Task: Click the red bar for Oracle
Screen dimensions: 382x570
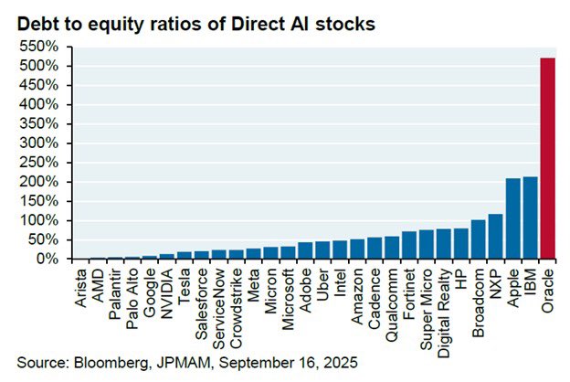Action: click(x=548, y=159)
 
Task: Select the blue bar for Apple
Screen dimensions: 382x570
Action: click(x=513, y=219)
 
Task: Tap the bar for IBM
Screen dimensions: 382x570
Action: click(x=531, y=218)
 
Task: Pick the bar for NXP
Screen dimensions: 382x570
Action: click(x=496, y=237)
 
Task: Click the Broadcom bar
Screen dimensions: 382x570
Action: click(x=479, y=239)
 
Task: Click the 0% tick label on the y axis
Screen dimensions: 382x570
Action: click(x=51, y=260)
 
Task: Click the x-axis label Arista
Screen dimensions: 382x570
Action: click(x=79, y=286)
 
